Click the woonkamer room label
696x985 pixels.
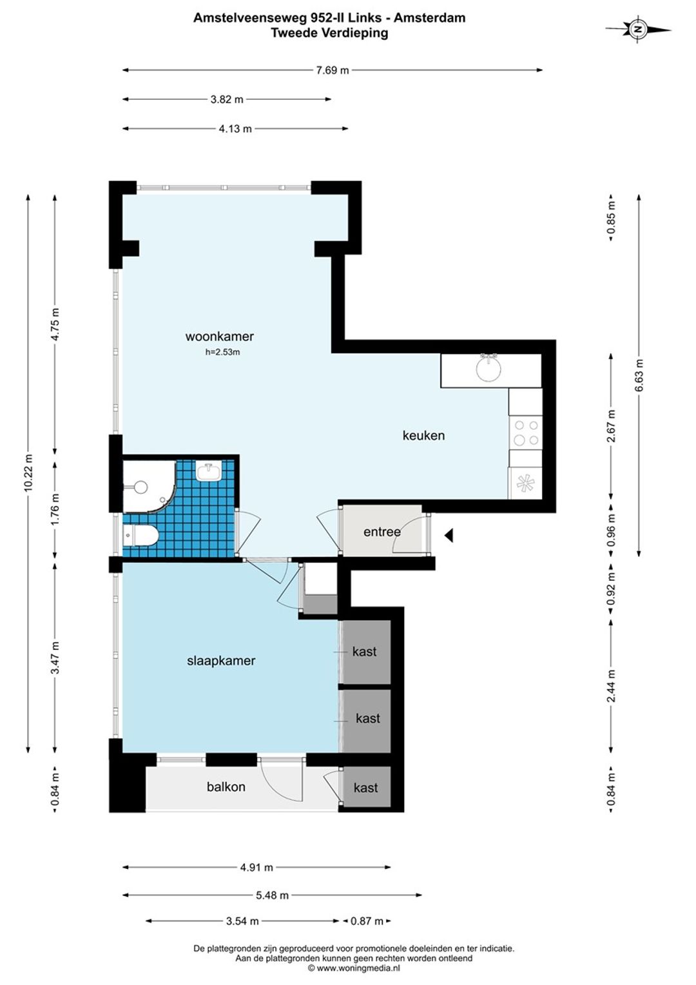219,336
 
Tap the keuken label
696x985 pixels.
423,435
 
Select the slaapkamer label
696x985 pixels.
220,661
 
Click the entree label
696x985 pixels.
382,532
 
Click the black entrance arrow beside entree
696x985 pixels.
449,536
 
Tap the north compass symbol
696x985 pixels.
638,30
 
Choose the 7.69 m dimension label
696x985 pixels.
333,70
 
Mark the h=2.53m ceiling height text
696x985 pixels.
223,352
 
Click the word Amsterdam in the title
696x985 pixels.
429,17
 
